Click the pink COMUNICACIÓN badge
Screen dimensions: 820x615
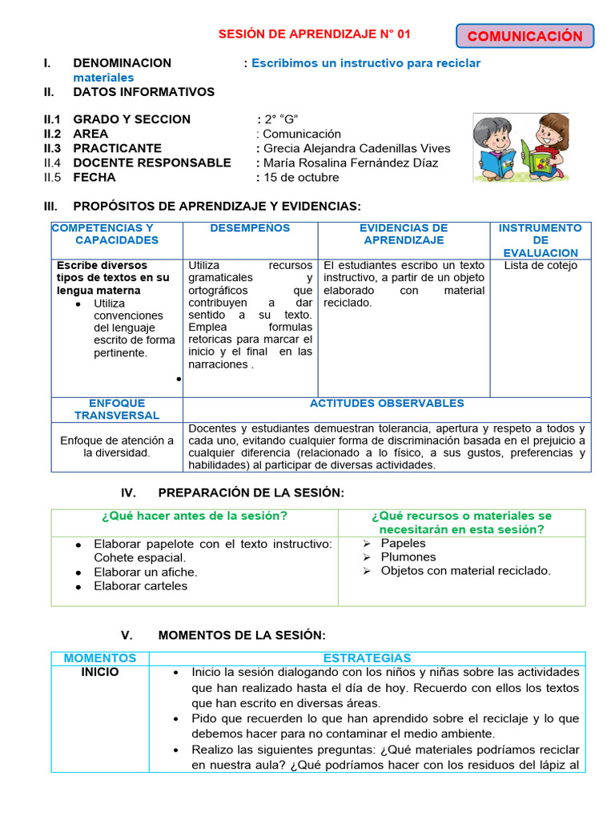coord(525,36)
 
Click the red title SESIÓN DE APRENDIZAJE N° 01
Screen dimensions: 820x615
coord(314,34)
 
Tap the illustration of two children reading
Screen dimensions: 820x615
coord(520,147)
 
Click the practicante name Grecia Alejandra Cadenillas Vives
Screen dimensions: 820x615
coord(356,148)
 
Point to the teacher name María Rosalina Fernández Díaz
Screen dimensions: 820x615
coord(351,163)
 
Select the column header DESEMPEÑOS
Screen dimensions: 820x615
coord(250,228)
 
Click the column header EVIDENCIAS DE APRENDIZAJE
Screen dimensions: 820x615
coord(404,234)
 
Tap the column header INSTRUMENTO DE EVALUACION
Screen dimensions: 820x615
coord(540,240)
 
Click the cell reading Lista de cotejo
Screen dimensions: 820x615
coord(540,266)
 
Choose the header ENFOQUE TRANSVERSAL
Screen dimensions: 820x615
coord(117,409)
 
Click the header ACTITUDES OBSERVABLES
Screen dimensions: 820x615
coord(387,404)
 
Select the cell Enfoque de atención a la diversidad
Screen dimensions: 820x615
coord(117,446)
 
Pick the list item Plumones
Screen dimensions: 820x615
coord(408,557)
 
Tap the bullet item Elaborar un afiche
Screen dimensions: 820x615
coord(145,572)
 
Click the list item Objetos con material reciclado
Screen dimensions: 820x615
coord(465,571)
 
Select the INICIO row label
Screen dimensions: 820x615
coord(100,672)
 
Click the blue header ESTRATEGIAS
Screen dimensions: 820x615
coord(367,657)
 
